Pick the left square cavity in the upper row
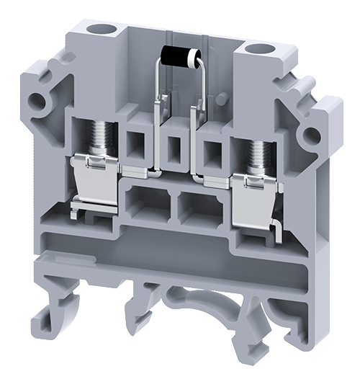click(x=136, y=145)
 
